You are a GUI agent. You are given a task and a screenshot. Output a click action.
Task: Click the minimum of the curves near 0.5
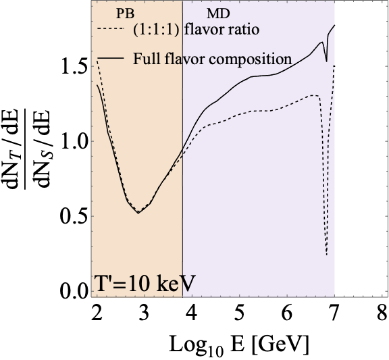click(x=138, y=213)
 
